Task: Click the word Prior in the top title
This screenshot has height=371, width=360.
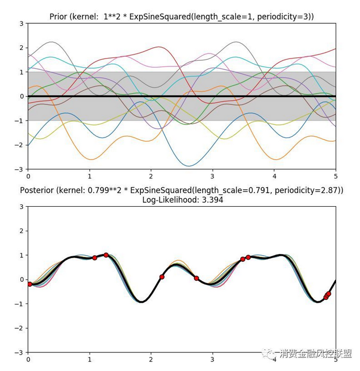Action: tap(61, 17)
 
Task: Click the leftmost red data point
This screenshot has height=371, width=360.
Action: tap(30, 284)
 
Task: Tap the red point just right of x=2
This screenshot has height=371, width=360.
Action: tap(162, 277)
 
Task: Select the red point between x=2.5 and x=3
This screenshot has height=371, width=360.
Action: tap(196, 278)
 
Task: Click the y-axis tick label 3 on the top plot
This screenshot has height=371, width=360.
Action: tap(22, 24)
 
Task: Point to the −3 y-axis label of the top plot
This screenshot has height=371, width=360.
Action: tap(20, 169)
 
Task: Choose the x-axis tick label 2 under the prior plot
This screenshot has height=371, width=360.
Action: tap(151, 177)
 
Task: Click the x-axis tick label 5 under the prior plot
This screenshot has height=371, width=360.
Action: tap(336, 177)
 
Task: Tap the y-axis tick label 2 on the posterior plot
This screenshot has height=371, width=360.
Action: tap(22, 231)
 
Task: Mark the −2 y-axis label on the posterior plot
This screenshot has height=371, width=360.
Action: tap(20, 328)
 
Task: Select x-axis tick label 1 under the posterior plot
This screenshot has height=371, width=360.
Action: tap(89, 360)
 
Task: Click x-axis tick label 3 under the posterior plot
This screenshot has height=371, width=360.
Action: tap(212, 360)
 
